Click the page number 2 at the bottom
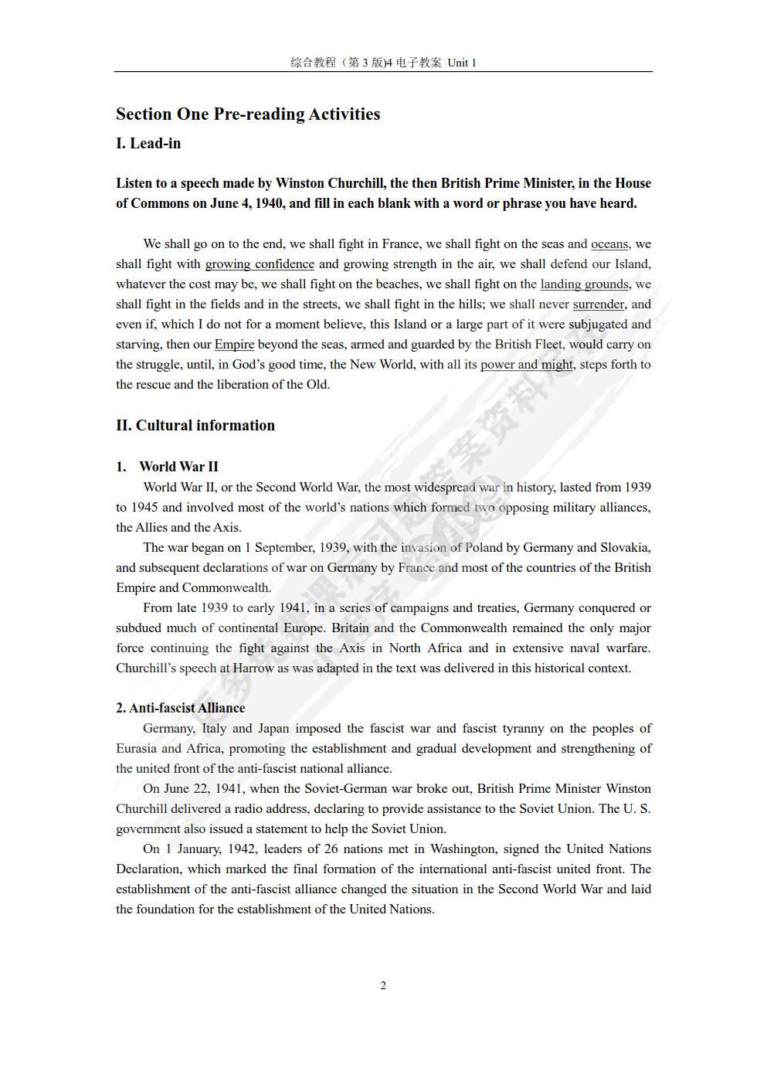(383, 985)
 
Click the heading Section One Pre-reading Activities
(248, 114)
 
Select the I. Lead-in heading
(148, 144)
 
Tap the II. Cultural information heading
(195, 426)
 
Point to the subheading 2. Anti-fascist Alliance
(180, 708)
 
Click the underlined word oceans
(609, 244)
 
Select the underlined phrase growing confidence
(260, 264)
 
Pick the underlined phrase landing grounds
(584, 284)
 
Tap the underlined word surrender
(599, 304)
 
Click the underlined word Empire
(234, 345)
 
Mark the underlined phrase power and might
(527, 365)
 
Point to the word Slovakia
(625, 547)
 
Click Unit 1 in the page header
(462, 63)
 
